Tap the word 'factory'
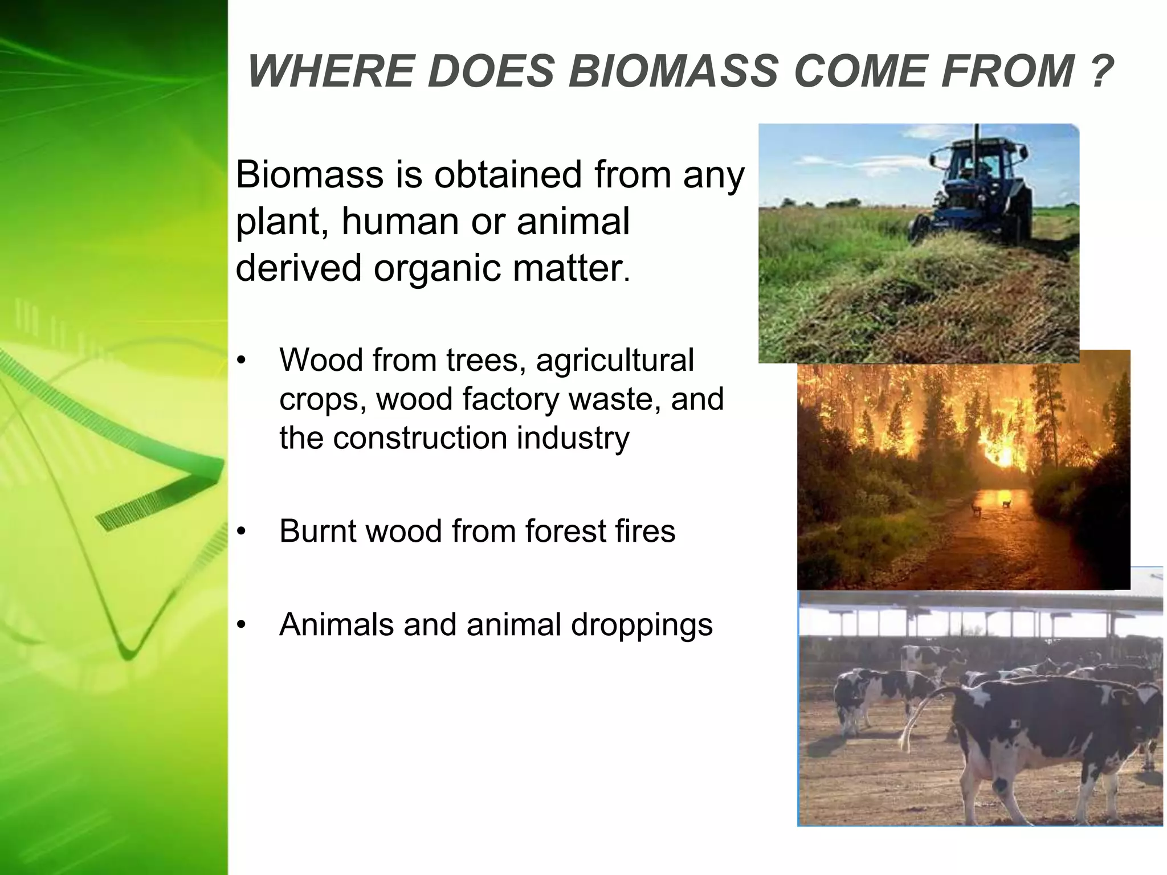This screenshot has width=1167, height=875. (x=511, y=399)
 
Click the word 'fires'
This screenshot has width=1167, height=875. (x=641, y=531)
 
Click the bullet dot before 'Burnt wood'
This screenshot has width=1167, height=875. (x=242, y=532)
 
